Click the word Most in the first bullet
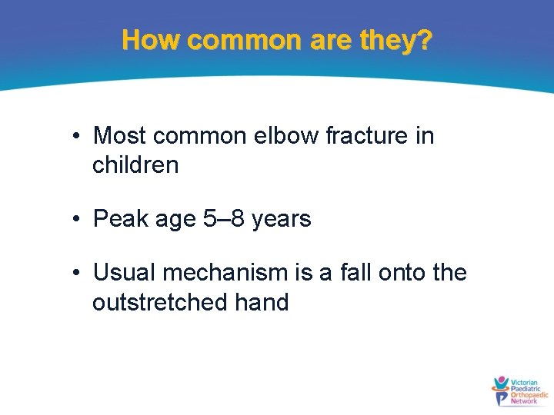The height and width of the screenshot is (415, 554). [x=119, y=136]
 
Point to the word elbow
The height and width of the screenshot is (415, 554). [x=292, y=136]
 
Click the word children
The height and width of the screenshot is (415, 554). [x=135, y=164]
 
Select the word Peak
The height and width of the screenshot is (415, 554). [x=121, y=219]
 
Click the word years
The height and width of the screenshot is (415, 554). [x=282, y=219]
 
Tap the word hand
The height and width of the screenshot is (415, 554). [x=259, y=302]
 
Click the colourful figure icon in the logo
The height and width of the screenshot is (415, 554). [x=502, y=391]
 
